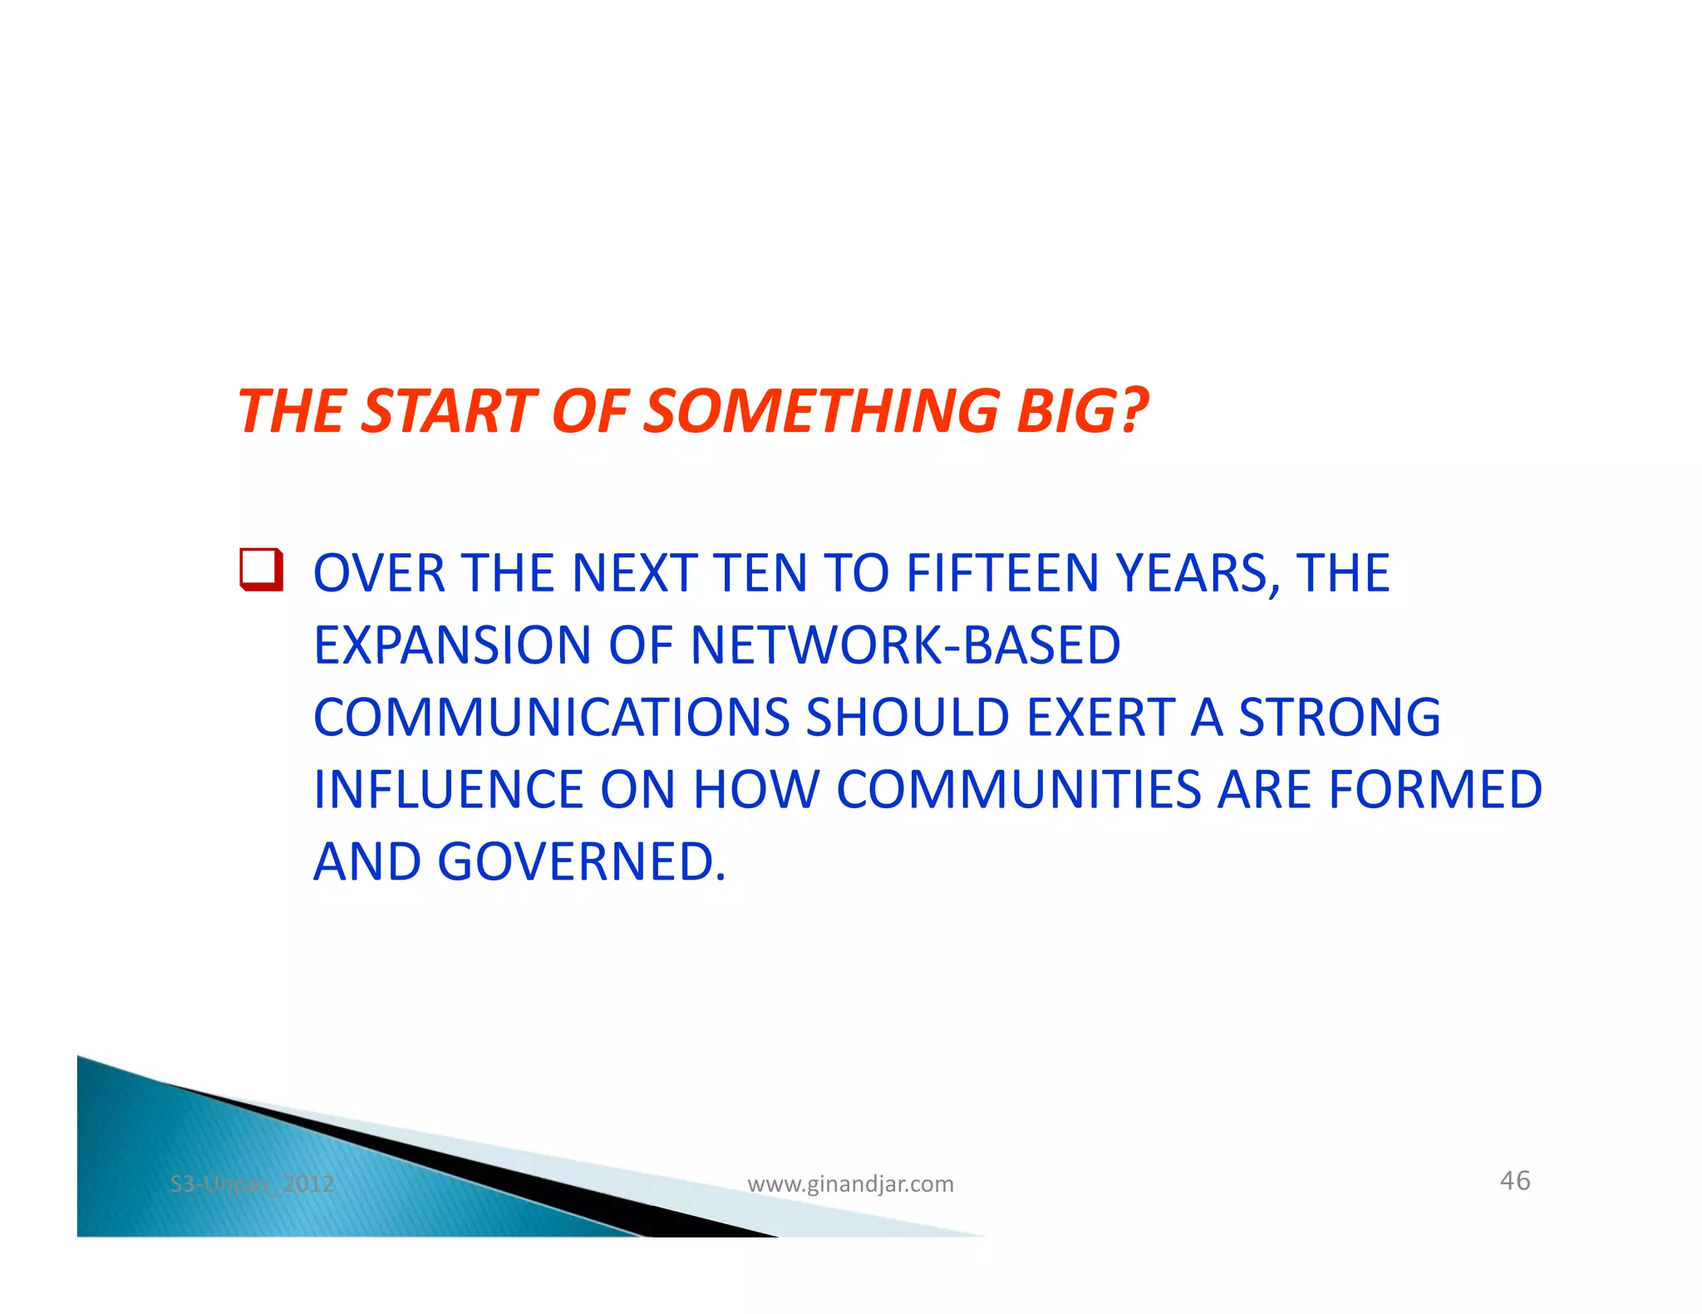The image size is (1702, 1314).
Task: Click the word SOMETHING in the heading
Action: tap(821, 411)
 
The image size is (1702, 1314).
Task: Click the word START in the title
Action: tap(449, 411)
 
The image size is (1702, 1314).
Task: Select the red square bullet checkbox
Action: tap(261, 570)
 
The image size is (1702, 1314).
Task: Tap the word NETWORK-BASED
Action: tap(905, 645)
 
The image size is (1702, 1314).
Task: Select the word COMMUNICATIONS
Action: tap(551, 718)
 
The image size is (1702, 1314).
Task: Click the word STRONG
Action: tap(1339, 718)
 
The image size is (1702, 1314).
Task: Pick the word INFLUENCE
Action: tap(448, 789)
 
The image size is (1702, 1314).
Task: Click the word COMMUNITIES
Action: tap(1018, 789)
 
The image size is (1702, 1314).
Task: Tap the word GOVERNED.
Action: tap(581, 861)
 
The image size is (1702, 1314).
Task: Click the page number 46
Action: tap(1514, 1180)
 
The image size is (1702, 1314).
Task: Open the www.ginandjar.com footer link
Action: tap(850, 1184)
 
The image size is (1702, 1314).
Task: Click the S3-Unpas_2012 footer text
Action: tap(252, 1184)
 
